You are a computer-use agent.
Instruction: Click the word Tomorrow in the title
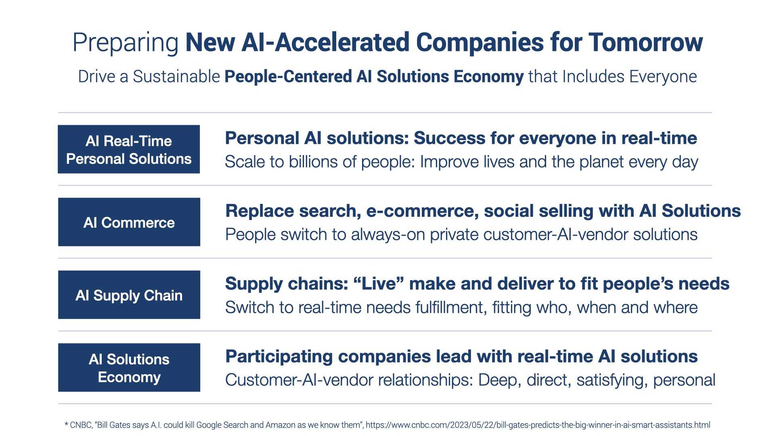(645, 42)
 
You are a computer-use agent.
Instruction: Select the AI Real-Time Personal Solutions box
(129, 149)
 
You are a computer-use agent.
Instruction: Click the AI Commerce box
(129, 222)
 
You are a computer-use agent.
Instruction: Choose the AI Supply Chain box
(129, 295)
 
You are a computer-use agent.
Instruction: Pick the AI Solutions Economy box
(129, 367)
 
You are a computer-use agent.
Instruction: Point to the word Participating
(279, 357)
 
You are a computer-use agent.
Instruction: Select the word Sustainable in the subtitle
(176, 77)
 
